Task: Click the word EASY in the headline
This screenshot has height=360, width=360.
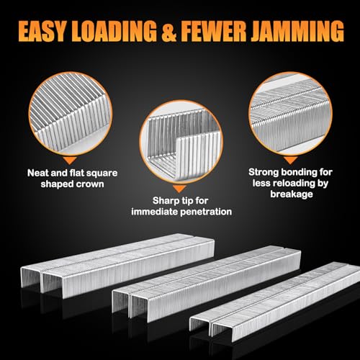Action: click(x=42, y=32)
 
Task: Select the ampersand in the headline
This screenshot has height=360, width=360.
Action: click(x=169, y=32)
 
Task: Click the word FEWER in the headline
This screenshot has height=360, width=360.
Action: click(x=214, y=32)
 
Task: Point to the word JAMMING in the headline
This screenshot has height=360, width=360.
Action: click(x=297, y=32)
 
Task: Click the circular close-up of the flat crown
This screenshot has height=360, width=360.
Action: click(x=71, y=114)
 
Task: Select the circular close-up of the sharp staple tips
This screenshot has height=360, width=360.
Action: click(x=181, y=142)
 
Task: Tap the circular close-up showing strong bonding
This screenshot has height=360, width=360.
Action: click(x=290, y=114)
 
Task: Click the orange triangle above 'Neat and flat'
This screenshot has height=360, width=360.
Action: click(x=69, y=160)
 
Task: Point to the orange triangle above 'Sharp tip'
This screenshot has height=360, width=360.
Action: click(x=180, y=189)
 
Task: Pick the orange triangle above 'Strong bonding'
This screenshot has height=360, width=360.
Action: click(x=290, y=160)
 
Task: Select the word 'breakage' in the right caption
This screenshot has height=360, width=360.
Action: click(x=292, y=194)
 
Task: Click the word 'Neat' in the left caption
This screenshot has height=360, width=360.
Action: click(x=38, y=173)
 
